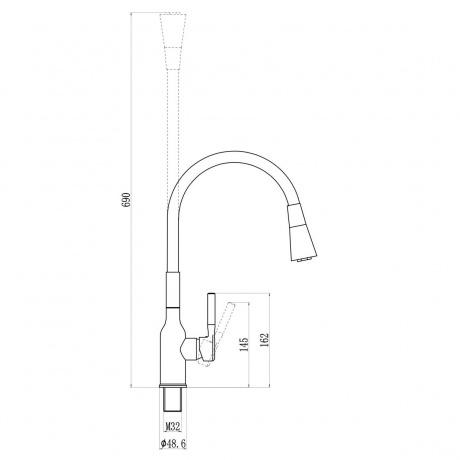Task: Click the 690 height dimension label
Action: (x=127, y=200)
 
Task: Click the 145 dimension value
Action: (x=244, y=344)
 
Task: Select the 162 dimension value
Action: (x=264, y=340)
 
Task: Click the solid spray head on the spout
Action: (x=301, y=232)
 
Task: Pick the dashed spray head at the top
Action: (x=173, y=41)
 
